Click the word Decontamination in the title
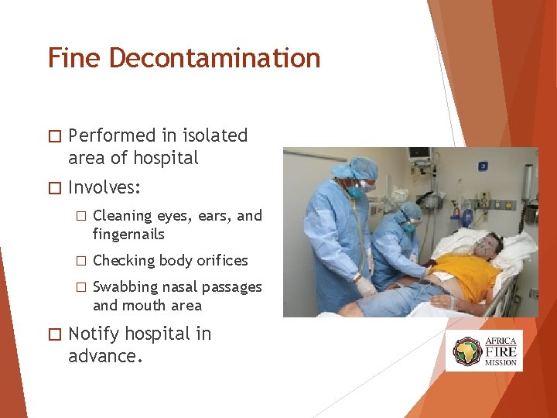point(214,58)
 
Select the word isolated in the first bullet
point(214,135)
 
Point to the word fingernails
point(128,234)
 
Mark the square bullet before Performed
point(53,136)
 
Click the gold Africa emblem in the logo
point(467,351)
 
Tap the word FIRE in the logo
point(501,351)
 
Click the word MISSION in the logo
point(501,362)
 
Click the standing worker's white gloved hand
point(366,285)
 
